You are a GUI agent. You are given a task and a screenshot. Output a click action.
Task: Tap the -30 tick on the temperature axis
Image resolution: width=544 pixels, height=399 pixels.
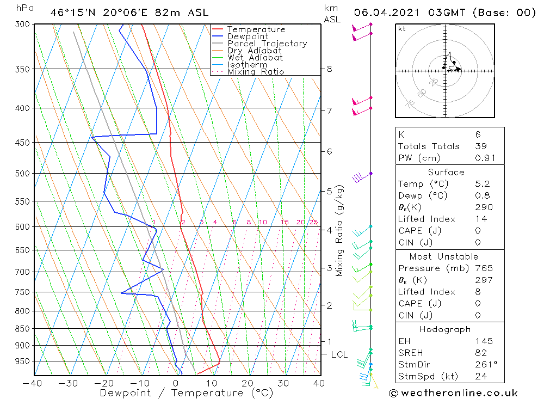(x=69, y=383)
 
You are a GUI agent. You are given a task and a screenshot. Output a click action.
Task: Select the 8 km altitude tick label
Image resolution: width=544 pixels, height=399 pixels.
(x=329, y=69)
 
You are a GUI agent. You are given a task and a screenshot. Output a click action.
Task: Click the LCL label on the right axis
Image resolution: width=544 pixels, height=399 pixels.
(x=339, y=355)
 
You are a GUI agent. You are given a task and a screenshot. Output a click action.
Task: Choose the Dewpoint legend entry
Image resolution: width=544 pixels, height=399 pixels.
(x=248, y=36)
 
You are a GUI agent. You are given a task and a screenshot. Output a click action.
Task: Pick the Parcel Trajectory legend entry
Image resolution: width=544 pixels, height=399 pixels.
(x=267, y=44)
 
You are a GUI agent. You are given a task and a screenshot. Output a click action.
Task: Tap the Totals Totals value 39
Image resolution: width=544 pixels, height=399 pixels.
(x=481, y=146)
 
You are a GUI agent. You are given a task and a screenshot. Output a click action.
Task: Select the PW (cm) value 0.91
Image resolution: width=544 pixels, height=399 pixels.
(x=483, y=158)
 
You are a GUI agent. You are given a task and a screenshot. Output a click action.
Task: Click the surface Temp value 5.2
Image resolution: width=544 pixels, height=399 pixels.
(x=482, y=184)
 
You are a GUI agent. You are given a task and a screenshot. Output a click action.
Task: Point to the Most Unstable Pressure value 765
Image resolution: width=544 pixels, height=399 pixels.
(x=484, y=268)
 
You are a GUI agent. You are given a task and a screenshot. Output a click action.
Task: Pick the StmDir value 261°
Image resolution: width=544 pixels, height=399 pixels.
(x=485, y=365)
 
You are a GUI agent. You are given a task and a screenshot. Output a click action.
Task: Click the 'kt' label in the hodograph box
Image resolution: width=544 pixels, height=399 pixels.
(x=402, y=29)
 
